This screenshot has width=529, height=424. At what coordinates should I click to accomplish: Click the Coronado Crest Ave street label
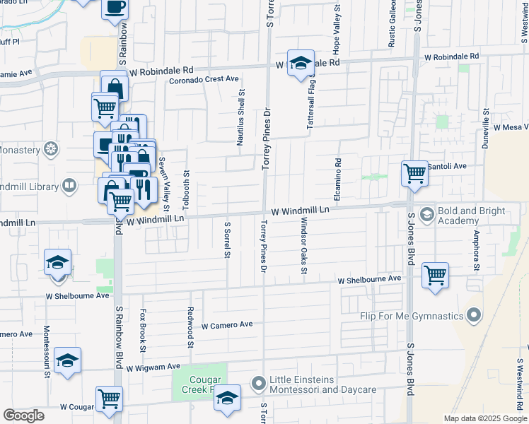coord(204,79)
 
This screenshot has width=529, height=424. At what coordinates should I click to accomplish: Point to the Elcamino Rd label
coord(338,172)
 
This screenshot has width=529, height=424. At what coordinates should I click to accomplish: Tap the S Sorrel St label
coord(228,241)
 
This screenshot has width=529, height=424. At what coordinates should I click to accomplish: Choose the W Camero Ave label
coord(227,325)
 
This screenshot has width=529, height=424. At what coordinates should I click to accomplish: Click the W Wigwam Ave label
coord(153,367)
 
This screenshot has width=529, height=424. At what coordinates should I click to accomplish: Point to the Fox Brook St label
coord(142,329)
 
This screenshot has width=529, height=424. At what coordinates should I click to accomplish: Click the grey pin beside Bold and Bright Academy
coord(427,213)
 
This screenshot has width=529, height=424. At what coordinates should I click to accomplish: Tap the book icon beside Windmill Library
coord(69,186)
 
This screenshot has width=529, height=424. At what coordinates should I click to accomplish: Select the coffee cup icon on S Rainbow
coord(115,8)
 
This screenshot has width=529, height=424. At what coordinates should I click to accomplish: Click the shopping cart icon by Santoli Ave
coord(414,172)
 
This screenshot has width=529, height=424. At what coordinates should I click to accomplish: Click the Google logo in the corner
coord(23,416)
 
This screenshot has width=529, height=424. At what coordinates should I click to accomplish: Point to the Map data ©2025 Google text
coord(484,418)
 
